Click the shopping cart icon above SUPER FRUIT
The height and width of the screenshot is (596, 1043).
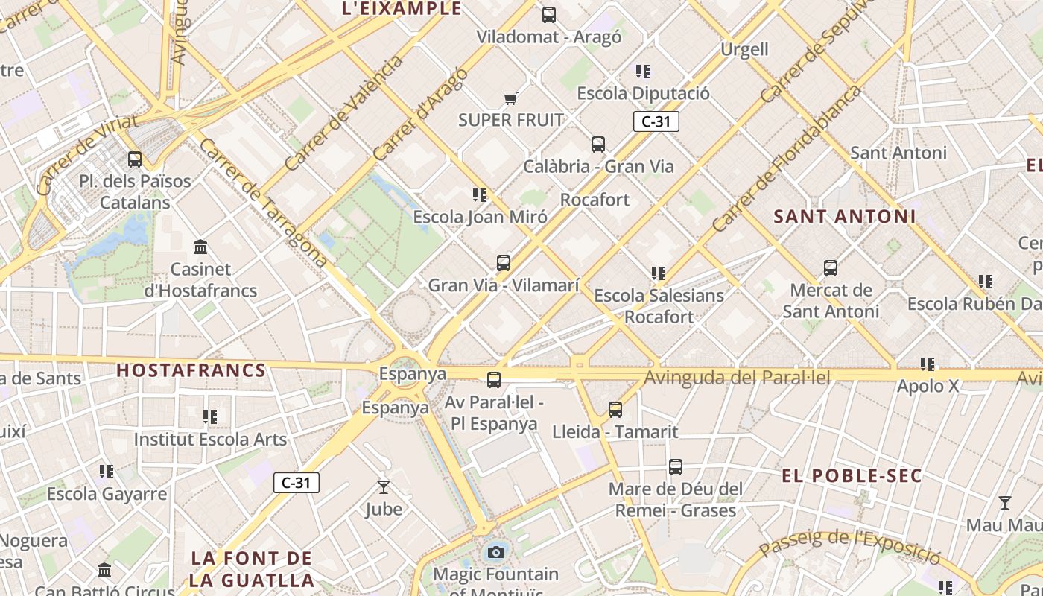point(511,98)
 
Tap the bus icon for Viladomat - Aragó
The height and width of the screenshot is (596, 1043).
point(549,14)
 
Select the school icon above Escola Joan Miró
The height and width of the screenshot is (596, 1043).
point(480,195)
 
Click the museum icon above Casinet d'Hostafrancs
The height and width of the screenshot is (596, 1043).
point(200,247)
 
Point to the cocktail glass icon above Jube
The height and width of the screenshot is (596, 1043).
point(384,487)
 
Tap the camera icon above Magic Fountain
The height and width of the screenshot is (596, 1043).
point(496,552)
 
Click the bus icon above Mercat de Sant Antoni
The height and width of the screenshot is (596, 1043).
point(831,268)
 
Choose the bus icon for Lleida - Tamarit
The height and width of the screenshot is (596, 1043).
point(615,409)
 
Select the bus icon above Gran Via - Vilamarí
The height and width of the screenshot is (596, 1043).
point(504,263)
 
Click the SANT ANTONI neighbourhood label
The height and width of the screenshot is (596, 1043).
point(845,217)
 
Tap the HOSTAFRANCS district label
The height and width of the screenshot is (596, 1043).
point(191,370)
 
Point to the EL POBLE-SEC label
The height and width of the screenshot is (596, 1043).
point(852,475)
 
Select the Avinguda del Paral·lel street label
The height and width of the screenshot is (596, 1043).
point(737,377)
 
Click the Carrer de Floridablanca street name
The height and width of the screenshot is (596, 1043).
point(787,158)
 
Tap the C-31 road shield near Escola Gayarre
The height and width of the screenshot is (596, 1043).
point(297,483)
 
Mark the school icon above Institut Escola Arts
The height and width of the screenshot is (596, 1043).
point(210,417)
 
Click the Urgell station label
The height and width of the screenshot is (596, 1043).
point(744,49)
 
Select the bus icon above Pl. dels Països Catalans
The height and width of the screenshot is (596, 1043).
point(135,159)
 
